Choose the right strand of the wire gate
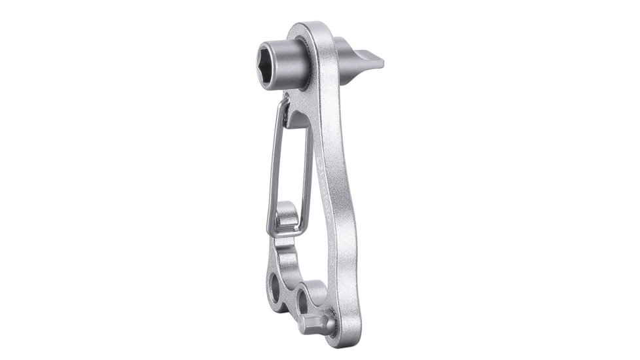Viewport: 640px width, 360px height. click(x=307, y=170)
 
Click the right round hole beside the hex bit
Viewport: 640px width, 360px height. click(x=304, y=300)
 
